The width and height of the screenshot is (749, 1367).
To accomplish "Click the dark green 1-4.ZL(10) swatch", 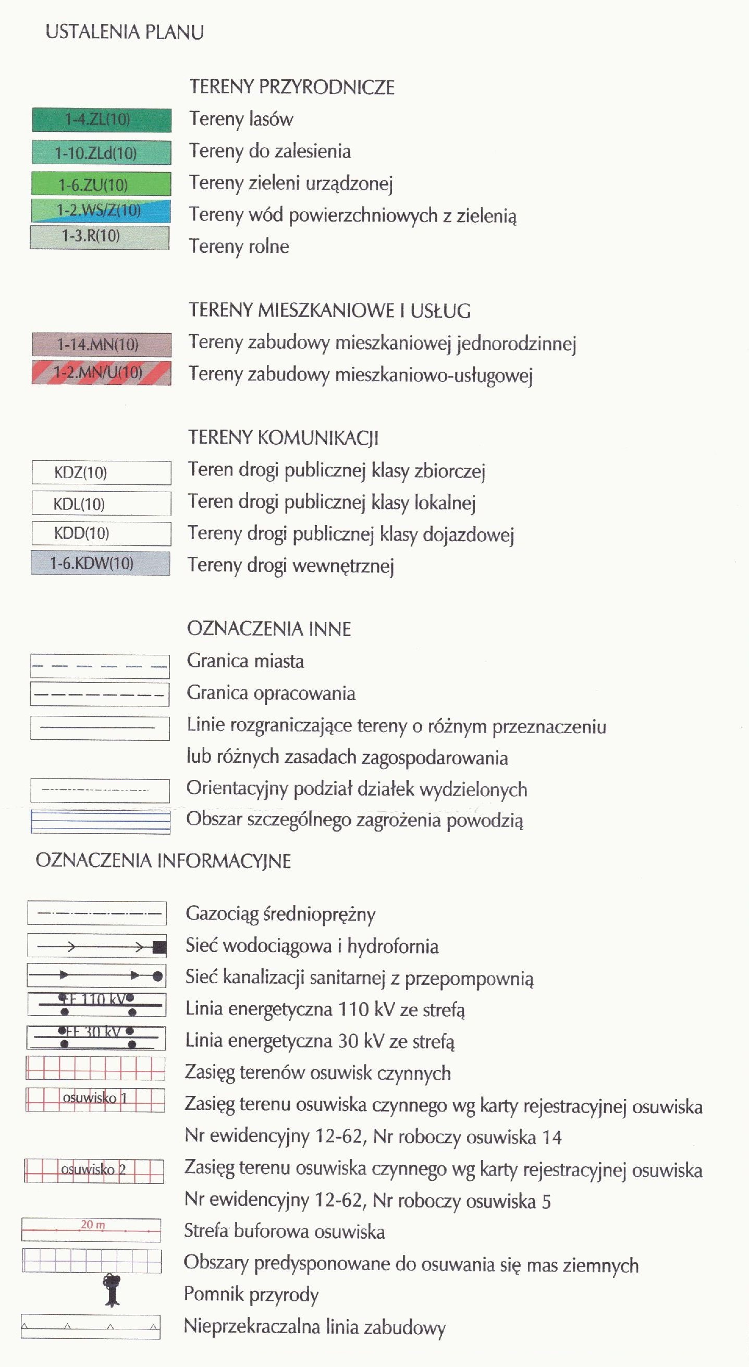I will [x=101, y=120].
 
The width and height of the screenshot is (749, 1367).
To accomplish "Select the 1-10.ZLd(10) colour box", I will [x=101, y=153].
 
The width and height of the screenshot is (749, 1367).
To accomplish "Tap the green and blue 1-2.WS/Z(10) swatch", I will [x=101, y=211].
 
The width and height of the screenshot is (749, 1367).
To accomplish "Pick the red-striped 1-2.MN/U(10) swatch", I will [x=101, y=373].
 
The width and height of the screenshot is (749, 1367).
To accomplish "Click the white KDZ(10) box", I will [x=101, y=472].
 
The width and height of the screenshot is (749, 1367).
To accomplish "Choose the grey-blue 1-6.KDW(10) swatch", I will [x=101, y=563].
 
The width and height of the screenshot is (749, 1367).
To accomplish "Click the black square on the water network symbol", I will [x=159, y=947].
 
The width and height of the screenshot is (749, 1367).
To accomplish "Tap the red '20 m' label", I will [x=93, y=1225].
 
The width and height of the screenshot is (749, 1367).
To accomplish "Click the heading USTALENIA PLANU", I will [x=125, y=32].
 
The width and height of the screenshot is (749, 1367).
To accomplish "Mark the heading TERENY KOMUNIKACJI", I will [x=283, y=438].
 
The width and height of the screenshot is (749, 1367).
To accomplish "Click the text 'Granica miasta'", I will [x=245, y=661].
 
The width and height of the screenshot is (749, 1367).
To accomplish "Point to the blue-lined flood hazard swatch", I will [x=101, y=822].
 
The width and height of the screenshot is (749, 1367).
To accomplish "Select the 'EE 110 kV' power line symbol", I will [x=96, y=1005].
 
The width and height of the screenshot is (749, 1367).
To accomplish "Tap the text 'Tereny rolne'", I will [x=239, y=247].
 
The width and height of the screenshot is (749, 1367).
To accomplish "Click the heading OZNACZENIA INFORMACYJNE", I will [x=163, y=861].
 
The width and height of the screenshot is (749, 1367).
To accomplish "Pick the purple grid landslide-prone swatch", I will [x=92, y=1260].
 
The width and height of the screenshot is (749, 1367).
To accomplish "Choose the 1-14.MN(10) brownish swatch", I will [x=101, y=345].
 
